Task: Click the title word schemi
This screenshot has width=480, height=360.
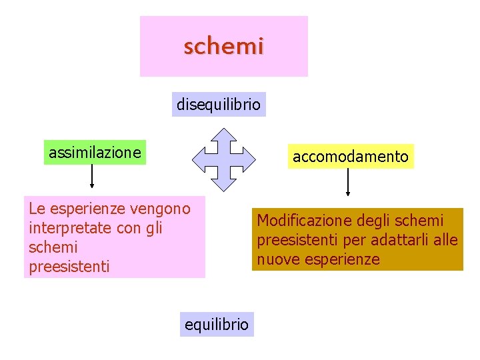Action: (x=224, y=47)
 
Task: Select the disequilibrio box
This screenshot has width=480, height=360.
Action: (x=219, y=105)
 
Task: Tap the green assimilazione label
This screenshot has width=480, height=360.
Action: (x=95, y=153)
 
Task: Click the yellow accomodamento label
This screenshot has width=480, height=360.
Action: (x=351, y=157)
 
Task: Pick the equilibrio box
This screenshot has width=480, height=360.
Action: (x=217, y=325)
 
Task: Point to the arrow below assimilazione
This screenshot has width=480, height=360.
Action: (x=92, y=176)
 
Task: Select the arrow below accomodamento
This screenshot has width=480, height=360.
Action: (x=347, y=181)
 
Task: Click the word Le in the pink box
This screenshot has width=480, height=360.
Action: (x=37, y=209)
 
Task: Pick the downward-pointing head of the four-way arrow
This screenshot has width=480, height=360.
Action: (x=225, y=182)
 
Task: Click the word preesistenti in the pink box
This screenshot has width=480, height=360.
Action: (x=69, y=267)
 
